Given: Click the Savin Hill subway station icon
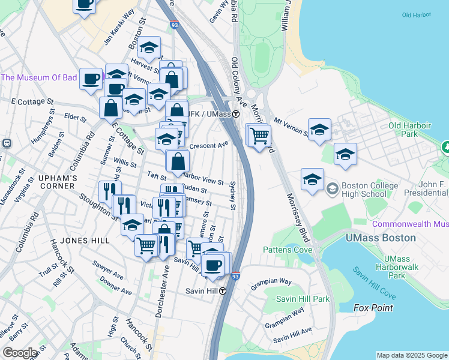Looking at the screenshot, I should pos(223,291).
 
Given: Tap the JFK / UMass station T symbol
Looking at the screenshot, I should pos(237,114).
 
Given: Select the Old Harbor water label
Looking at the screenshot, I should pos(416,14).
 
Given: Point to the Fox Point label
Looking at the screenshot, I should pos(373,308).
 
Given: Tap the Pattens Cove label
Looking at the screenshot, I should pos(287,249).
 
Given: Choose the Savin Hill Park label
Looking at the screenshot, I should pos(303,299).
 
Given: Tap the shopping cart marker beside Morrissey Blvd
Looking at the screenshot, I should pos(259,135).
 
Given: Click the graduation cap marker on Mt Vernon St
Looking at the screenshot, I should pos(319,130).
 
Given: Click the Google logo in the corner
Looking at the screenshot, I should pos(20,353).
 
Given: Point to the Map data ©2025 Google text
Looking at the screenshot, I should pos(411,355).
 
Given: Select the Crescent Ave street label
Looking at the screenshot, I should pos(209,145).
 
